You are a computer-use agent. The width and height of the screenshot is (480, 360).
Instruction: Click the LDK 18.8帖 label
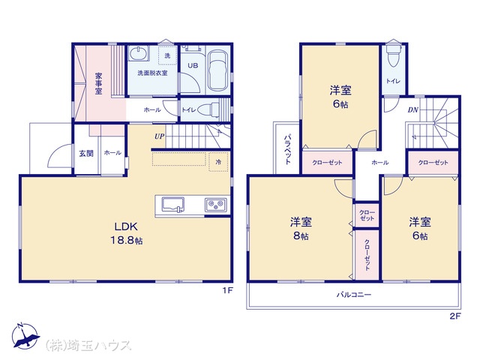point(127,233)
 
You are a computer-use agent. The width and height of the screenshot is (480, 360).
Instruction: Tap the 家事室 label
point(98,83)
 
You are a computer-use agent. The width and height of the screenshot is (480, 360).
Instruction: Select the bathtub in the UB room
point(217,71)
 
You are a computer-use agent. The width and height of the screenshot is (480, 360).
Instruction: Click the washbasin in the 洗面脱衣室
point(139,54)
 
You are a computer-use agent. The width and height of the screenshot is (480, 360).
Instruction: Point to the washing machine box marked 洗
point(167,55)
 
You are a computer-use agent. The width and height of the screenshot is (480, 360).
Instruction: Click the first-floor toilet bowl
point(208,109)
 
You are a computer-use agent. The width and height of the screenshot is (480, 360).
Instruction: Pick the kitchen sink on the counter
point(173,205)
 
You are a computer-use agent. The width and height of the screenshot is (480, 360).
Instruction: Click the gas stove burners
point(216,205)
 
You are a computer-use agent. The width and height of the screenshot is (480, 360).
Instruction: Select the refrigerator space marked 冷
point(218,162)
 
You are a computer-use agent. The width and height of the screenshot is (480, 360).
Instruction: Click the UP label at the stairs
point(159,136)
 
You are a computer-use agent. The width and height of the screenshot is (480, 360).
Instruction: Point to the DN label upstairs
point(413,110)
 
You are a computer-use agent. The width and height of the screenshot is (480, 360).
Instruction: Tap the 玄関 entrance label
point(86,153)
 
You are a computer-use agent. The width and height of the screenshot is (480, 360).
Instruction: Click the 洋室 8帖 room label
point(301,228)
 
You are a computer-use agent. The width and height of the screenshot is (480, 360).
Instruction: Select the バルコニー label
point(354,295)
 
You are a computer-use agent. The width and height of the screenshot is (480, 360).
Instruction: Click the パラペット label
point(287,149)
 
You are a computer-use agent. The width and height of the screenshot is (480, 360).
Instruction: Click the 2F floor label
point(455,316)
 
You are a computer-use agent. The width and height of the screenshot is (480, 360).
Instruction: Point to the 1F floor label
point(227,290)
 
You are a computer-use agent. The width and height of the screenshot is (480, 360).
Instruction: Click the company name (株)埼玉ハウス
point(88,345)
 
